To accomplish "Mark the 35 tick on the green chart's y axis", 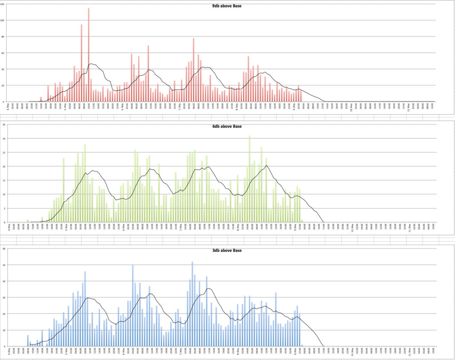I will (4, 125).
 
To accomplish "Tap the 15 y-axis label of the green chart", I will (4, 180).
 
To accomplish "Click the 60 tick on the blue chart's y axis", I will (4, 248).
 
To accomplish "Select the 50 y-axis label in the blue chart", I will (4, 265).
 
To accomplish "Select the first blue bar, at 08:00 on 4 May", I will (28, 341).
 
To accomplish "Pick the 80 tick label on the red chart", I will (3, 37).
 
